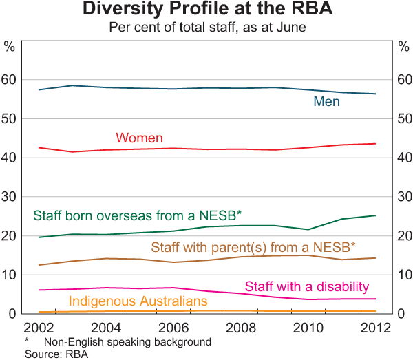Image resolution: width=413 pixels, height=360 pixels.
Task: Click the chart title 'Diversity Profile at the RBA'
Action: click(206, 10)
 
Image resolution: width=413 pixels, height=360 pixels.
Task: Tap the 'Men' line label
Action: click(327, 102)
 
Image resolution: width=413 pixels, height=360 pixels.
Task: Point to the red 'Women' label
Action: click(140, 138)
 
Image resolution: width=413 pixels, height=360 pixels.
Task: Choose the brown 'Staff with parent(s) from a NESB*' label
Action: click(253, 246)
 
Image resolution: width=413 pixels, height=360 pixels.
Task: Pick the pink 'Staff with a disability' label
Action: click(307, 286)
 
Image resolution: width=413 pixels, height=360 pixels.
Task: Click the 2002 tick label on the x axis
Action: click(41, 326)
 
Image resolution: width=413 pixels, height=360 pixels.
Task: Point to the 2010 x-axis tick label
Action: click(308, 326)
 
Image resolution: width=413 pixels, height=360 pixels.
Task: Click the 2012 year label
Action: click(374, 326)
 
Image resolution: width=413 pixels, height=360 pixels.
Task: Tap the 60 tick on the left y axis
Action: click(10, 81)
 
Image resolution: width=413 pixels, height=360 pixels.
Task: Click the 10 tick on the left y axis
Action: click(10, 275)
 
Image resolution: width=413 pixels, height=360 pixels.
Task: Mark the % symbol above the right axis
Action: click(403, 46)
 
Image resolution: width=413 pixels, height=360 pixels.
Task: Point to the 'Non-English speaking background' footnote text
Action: click(127, 342)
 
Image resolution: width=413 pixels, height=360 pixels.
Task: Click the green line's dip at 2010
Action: click(308, 229)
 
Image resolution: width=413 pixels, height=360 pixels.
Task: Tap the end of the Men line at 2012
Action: click(375, 94)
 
